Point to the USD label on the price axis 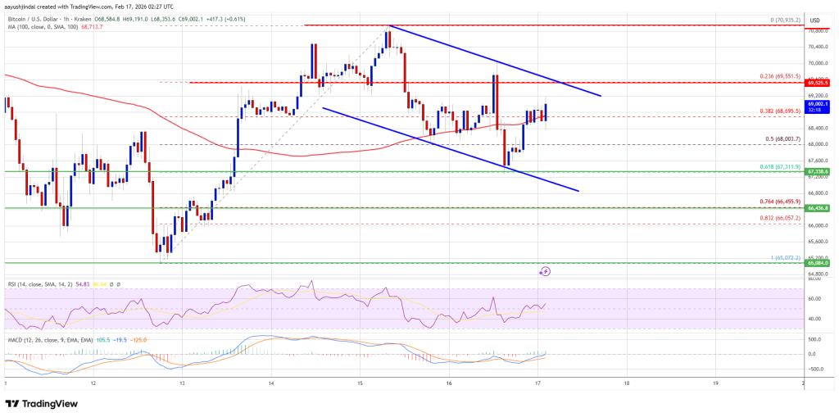(x=815, y=20)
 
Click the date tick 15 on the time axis (x=360, y=383)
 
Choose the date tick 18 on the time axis (x=626, y=383)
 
